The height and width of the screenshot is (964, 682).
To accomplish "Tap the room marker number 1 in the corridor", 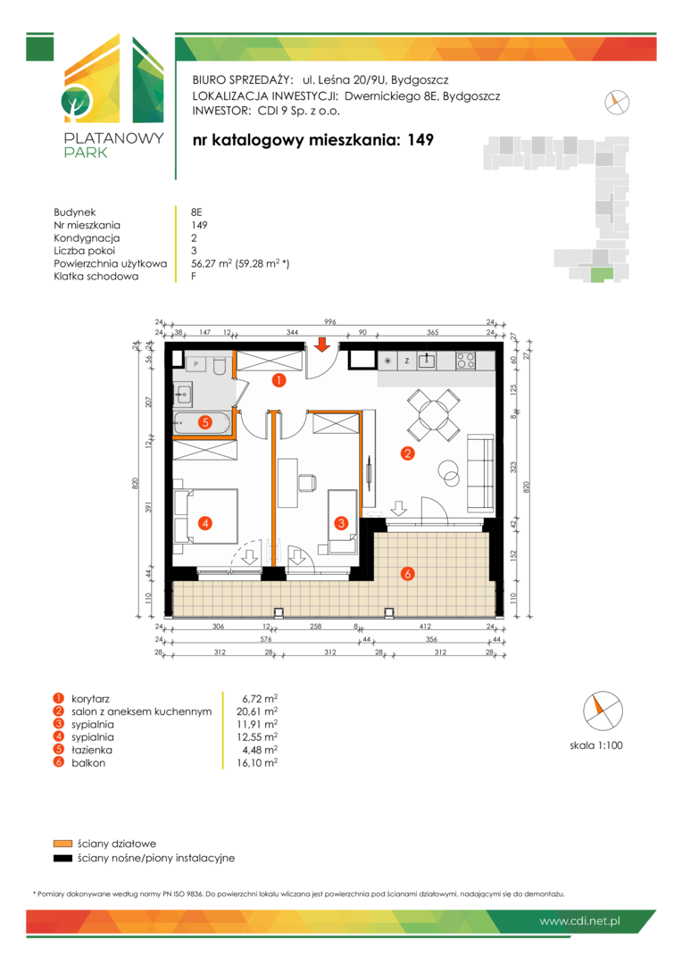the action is click(x=279, y=380).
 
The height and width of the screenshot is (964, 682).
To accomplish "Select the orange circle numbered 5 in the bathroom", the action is click(x=205, y=422).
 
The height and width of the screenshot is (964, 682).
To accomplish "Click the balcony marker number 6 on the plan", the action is click(x=407, y=574).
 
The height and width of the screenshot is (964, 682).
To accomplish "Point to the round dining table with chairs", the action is click(x=434, y=415).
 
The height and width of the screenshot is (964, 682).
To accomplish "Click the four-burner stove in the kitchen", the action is click(x=466, y=361).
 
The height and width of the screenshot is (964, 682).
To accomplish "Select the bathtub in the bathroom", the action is click(x=203, y=422).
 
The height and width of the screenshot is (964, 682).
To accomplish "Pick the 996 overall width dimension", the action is click(x=330, y=321).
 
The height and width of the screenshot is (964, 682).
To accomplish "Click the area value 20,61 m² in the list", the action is click(x=257, y=711).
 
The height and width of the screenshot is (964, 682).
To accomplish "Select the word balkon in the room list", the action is click(x=88, y=763).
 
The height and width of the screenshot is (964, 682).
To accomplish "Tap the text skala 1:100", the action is click(x=596, y=745).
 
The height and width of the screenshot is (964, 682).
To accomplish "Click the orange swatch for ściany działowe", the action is click(x=62, y=843).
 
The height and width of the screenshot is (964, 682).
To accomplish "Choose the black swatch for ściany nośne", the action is click(x=62, y=859).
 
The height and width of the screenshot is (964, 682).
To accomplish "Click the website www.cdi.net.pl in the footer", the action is click(x=579, y=921).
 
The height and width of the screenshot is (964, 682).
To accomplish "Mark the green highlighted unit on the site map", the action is click(x=602, y=275).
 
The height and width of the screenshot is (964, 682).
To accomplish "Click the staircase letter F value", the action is click(x=194, y=276).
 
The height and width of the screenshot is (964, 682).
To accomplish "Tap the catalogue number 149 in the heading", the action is click(x=420, y=140).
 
